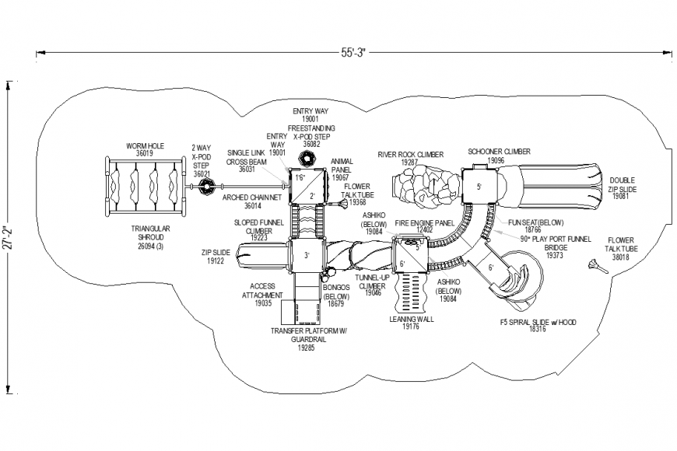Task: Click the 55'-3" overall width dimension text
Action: pyautogui.click(x=353, y=53)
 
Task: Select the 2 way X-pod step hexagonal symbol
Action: pyautogui.click(x=207, y=187)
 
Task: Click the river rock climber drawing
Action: pyautogui.click(x=420, y=189)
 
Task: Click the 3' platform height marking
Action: pyautogui.click(x=307, y=255)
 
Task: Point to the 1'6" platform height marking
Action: pyautogui.click(x=300, y=178)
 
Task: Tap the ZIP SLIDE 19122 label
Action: pyautogui.click(x=216, y=257)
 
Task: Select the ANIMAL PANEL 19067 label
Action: pyautogui.click(x=341, y=173)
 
